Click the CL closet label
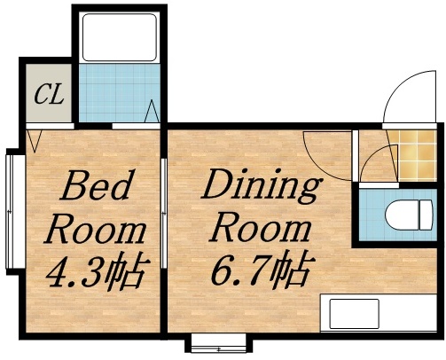[48, 94]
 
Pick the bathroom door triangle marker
[153, 113]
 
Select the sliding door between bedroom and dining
[166, 204]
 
